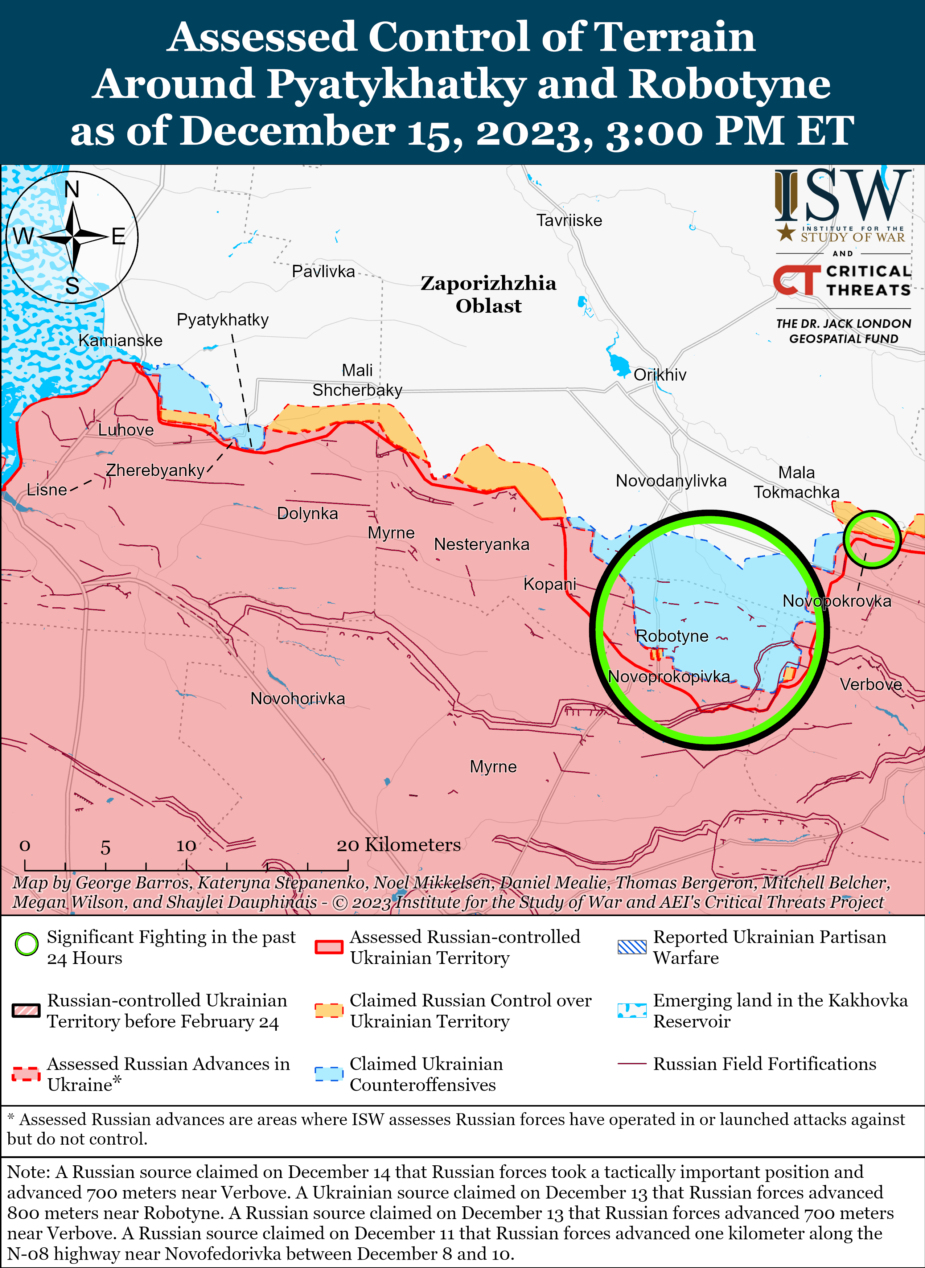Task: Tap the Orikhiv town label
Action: (659, 375)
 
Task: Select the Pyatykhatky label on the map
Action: (222, 320)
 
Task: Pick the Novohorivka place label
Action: (297, 698)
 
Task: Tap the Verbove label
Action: (871, 684)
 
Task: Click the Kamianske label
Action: (120, 341)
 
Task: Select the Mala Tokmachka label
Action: (796, 482)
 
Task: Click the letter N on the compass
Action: (72, 189)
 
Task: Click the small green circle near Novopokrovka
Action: (872, 539)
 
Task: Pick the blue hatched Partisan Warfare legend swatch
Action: (632, 947)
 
